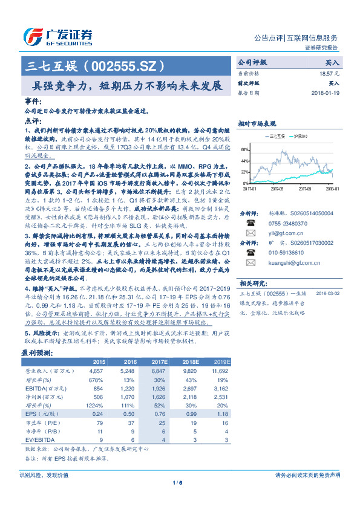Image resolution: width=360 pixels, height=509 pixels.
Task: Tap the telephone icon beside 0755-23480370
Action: (x=249, y=222)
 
